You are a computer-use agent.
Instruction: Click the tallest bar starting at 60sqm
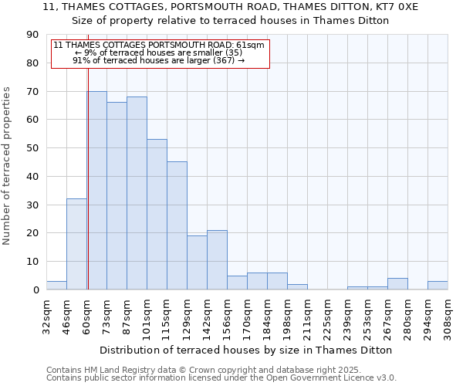tap(96, 190)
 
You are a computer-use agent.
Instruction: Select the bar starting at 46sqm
tap(76, 244)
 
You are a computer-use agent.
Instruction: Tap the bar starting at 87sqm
tap(137, 193)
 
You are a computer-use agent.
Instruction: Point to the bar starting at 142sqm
tap(217, 259)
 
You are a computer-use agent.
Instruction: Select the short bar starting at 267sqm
tap(397, 283)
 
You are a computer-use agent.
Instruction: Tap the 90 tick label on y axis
tap(32, 35)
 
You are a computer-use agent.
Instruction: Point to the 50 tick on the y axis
tap(32, 148)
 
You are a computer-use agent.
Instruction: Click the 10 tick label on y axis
tap(32, 262)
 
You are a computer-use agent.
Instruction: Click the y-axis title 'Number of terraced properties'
tap(8, 166)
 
